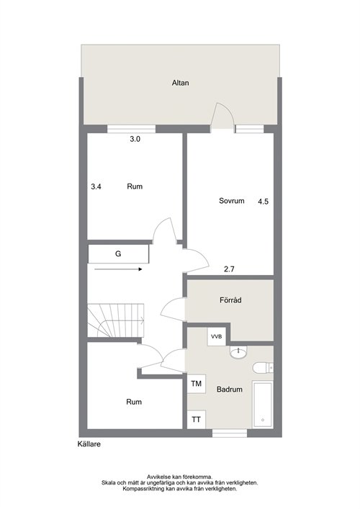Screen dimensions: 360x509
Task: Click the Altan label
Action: [180, 83]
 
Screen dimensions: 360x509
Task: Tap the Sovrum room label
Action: [231, 201]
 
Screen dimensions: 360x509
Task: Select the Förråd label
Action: [230, 300]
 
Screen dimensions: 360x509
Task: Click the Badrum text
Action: [230, 389]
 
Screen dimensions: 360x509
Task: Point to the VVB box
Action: [217, 337]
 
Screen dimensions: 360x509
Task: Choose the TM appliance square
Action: [197, 384]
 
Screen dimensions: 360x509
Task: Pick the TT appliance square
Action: [196, 420]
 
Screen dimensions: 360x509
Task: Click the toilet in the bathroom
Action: [263, 367]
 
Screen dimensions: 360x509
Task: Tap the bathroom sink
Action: [238, 352]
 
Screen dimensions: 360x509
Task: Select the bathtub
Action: [263, 405]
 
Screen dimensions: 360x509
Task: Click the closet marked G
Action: [119, 254]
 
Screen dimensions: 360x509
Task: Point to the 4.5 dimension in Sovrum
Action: [264, 202]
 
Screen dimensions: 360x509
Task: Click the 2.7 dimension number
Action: [229, 269]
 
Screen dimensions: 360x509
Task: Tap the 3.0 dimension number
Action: [135, 139]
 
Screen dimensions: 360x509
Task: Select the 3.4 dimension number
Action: [96, 186]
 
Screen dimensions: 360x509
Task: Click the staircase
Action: [116, 320]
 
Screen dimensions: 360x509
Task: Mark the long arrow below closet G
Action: [119, 269]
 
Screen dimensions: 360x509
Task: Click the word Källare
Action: [89, 443]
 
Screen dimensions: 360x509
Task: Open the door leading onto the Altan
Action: [222, 117]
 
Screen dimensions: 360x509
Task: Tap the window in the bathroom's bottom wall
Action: [230, 433]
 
